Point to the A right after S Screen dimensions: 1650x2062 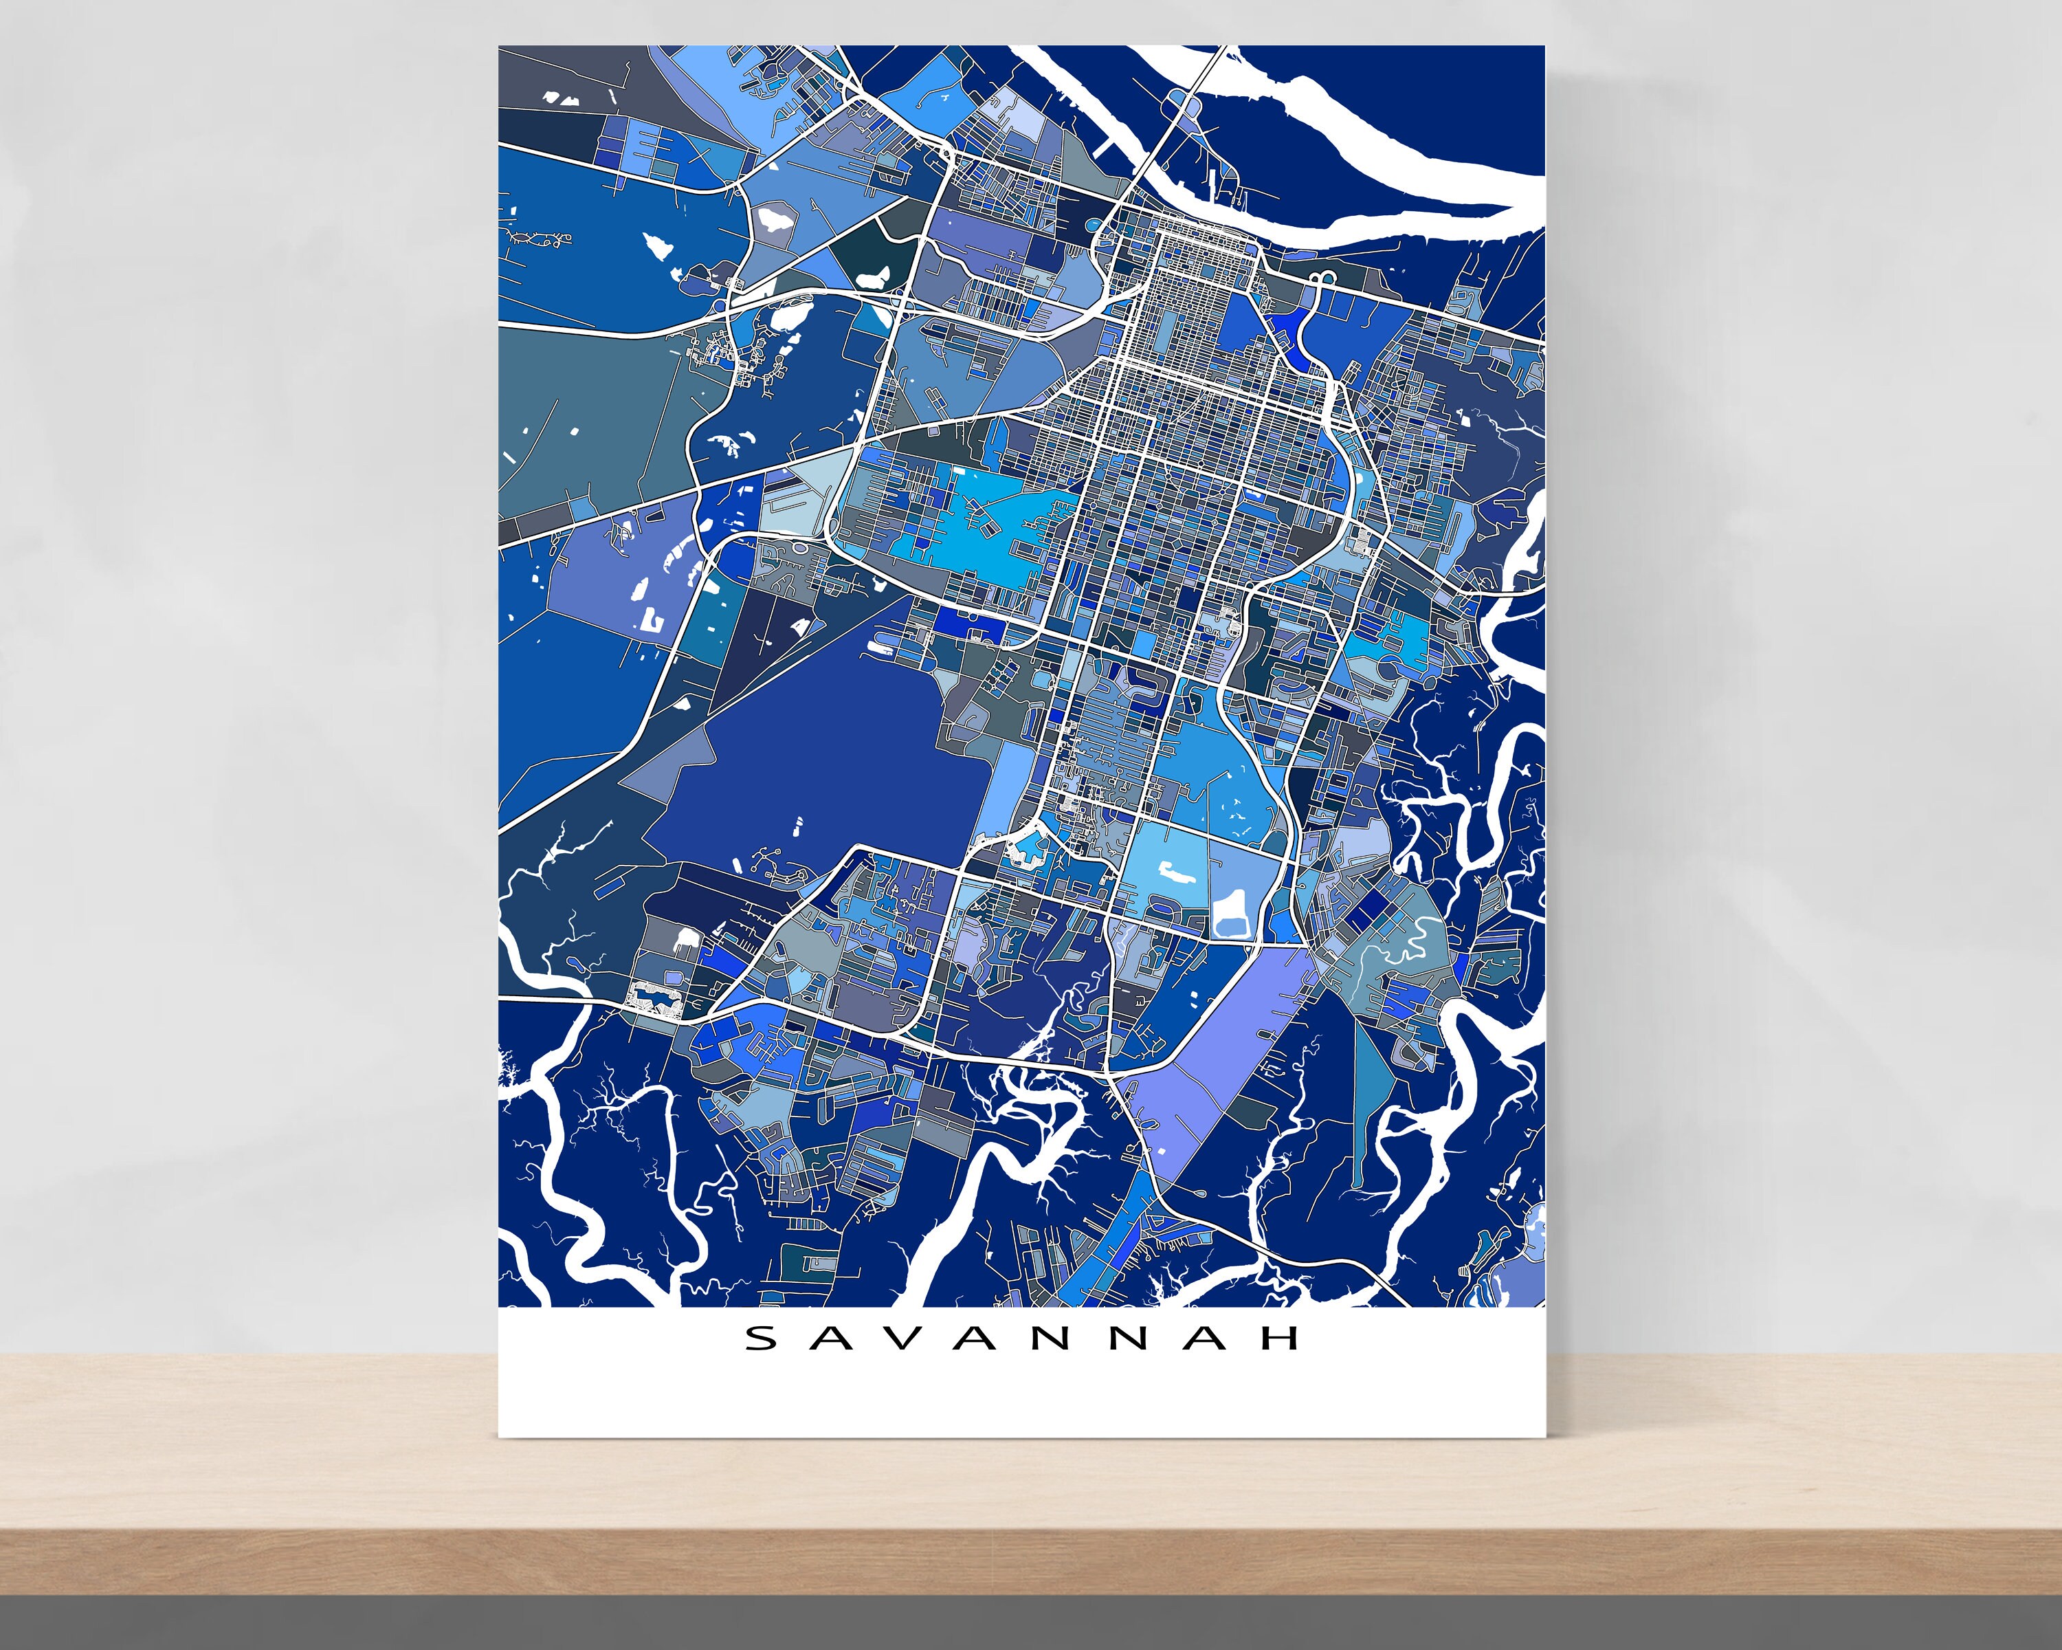(846, 1337)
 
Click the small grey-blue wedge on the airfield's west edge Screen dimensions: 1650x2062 (669, 765)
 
